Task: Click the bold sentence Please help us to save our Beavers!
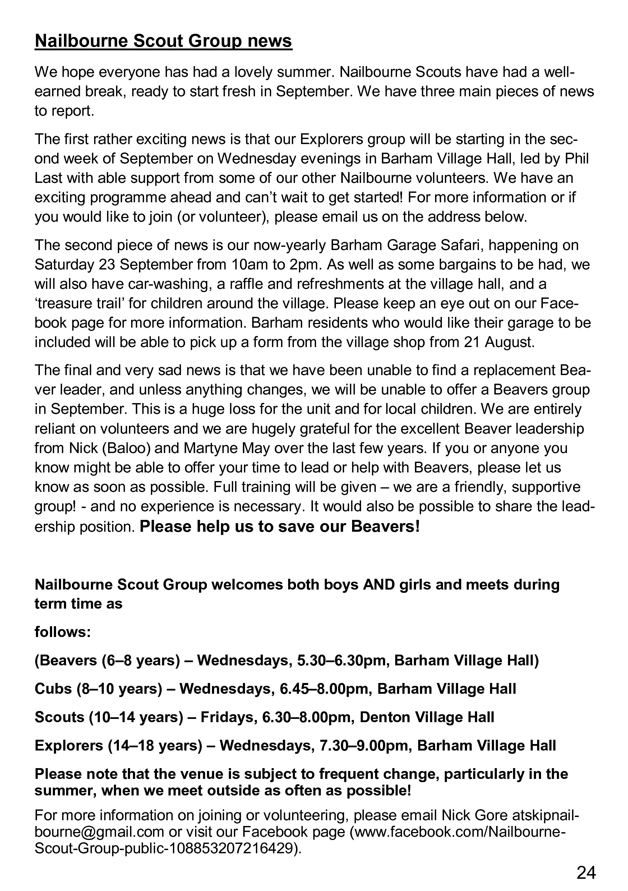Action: [280, 527]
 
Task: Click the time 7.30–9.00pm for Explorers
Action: [363, 745]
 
